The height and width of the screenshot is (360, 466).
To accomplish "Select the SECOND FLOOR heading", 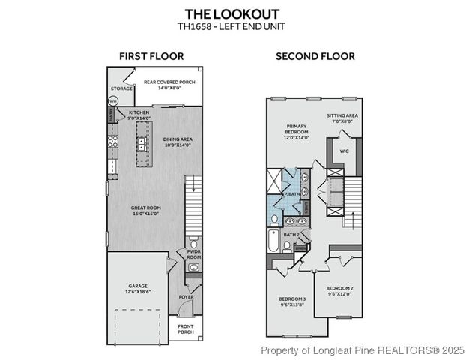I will click(315, 56).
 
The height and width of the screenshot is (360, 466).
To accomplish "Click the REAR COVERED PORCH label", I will click(169, 83).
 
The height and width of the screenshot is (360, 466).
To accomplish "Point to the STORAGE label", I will click(121, 88).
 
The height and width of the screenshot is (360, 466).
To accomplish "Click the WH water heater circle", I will click(113, 100).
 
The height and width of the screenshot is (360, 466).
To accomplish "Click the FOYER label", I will click(186, 297).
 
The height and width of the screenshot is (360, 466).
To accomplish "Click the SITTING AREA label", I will click(342, 118).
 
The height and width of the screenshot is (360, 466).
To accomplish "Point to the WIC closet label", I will click(344, 151).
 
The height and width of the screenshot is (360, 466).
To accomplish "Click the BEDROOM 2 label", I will click(339, 289).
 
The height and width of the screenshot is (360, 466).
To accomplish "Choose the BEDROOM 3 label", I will click(292, 301).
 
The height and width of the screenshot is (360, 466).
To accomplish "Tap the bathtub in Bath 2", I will click(273, 241).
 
